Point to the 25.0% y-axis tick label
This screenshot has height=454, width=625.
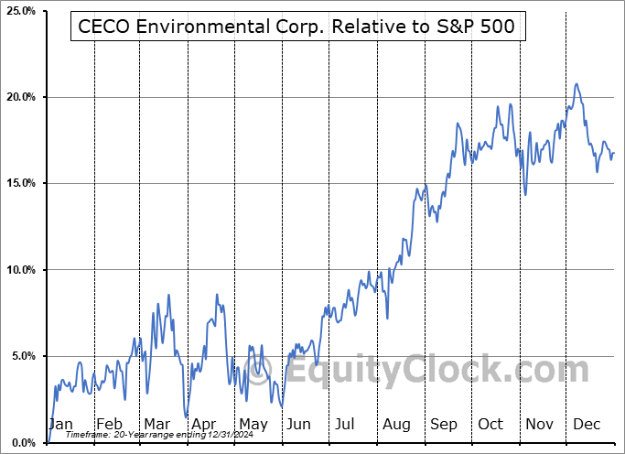click(x=19, y=11)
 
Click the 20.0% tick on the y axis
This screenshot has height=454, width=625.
click(x=19, y=97)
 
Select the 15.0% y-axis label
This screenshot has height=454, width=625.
click(x=19, y=183)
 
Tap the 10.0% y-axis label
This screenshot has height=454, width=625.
click(x=19, y=270)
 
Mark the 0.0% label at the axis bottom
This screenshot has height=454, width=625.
click(x=22, y=443)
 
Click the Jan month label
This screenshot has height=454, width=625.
click(x=61, y=424)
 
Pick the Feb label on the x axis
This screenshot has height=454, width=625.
click(x=110, y=424)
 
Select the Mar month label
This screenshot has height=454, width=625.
click(x=156, y=424)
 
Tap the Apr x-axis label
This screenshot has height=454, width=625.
click(x=204, y=424)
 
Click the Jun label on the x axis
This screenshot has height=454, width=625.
click(x=299, y=424)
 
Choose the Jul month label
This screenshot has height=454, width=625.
click(x=346, y=424)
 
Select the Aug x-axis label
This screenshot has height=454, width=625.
click(x=396, y=424)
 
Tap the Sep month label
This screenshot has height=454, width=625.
click(x=444, y=424)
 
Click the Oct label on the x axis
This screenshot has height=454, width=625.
click(x=490, y=424)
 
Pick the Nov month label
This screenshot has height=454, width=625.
click(x=538, y=424)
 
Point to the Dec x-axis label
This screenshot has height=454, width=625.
click(x=585, y=424)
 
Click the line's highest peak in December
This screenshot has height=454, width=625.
click(x=577, y=84)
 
